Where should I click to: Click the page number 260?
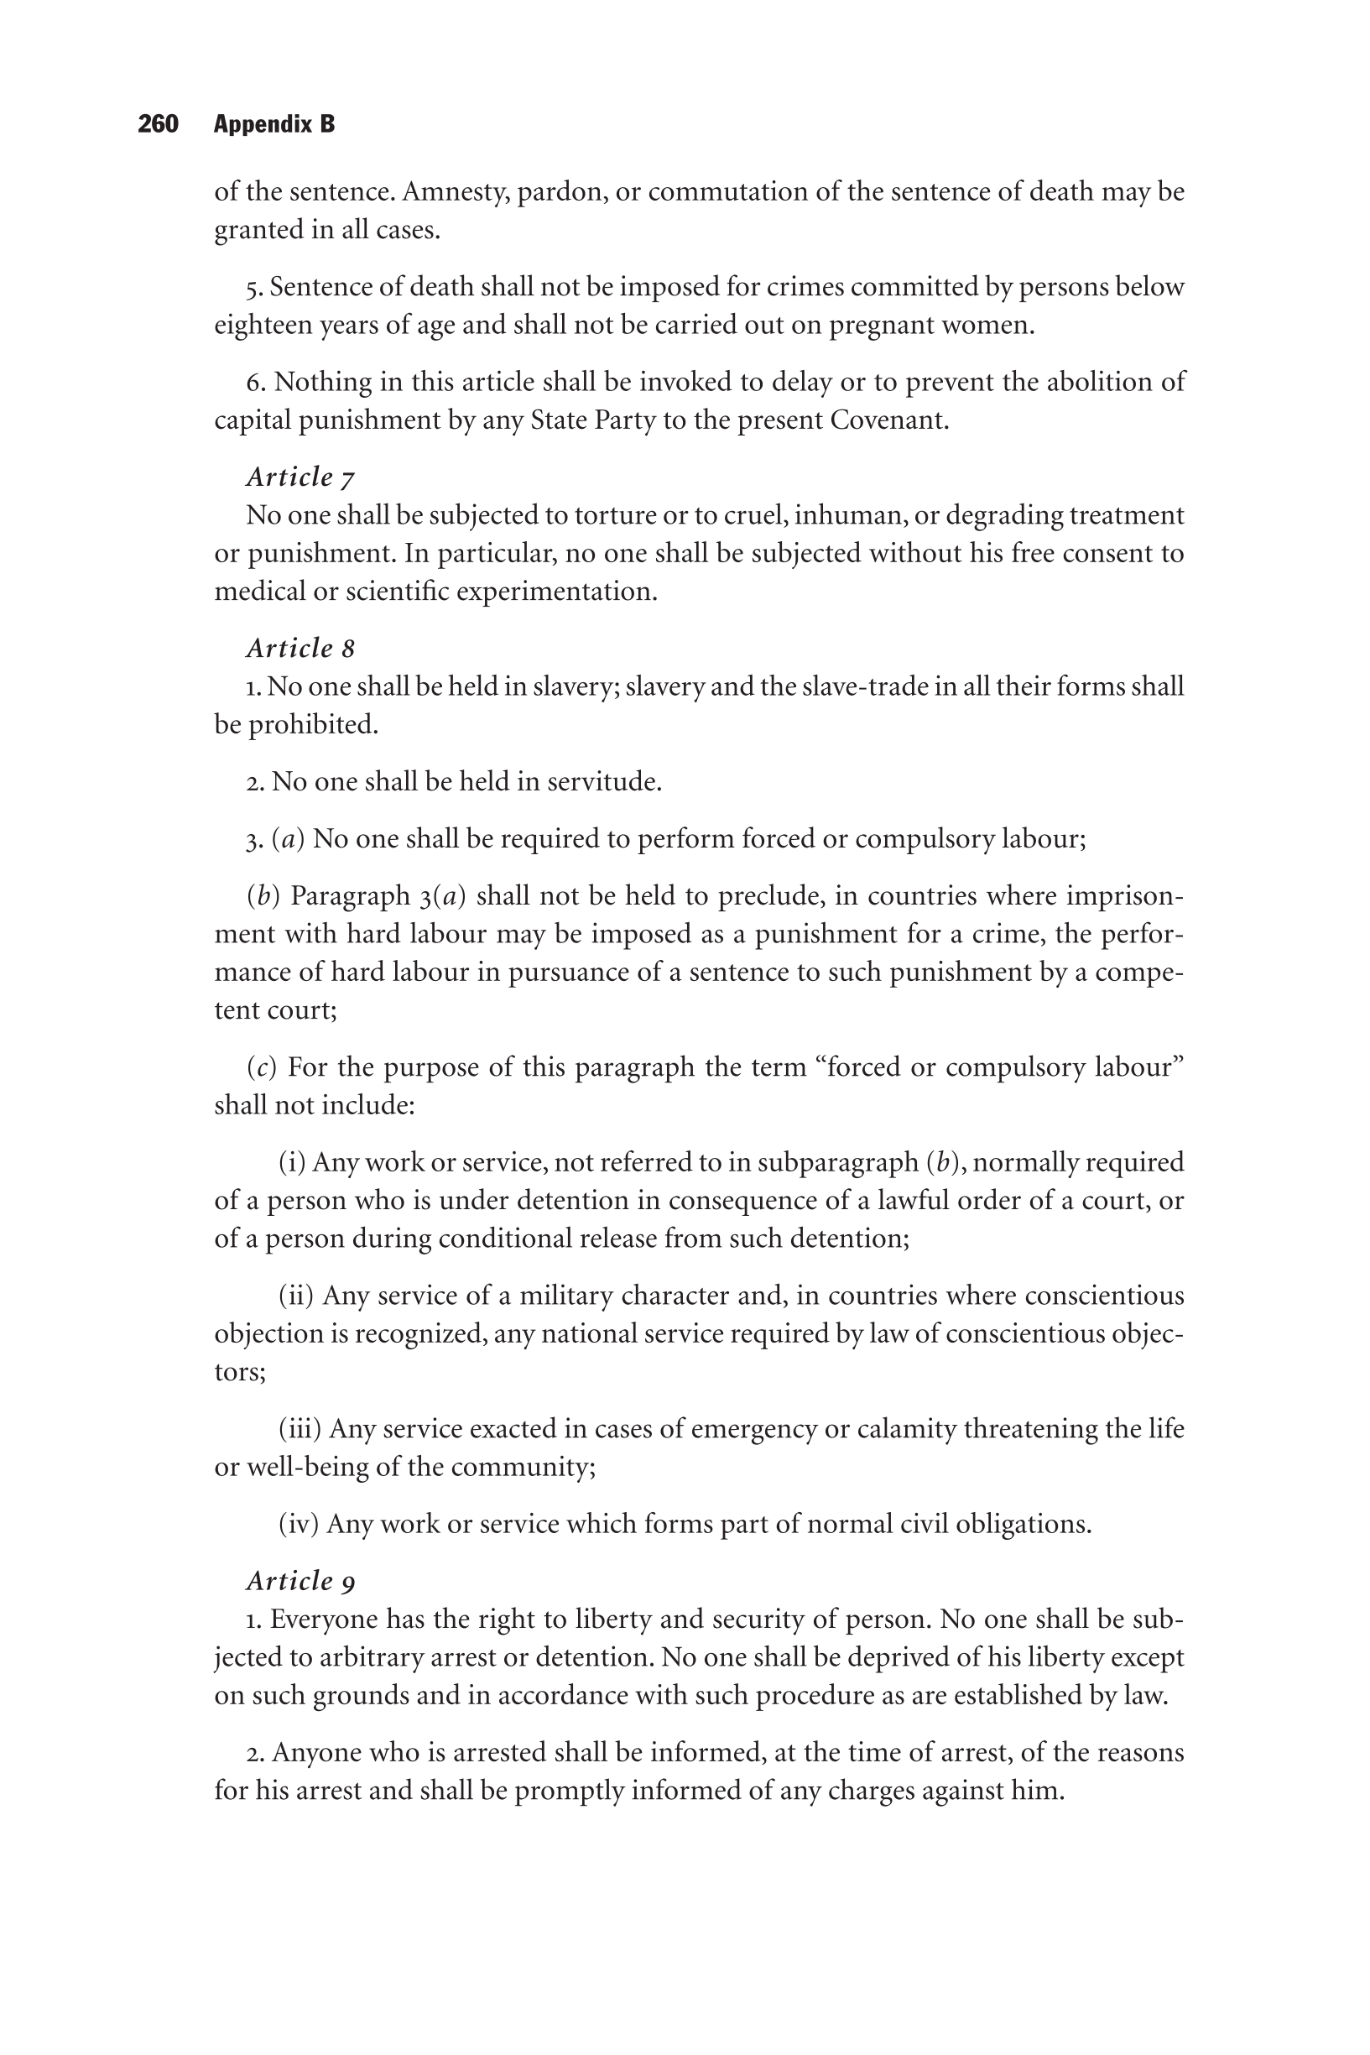[x=159, y=124]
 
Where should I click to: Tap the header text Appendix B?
[x=274, y=124]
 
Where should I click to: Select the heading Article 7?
[x=300, y=477]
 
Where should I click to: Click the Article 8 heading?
[x=300, y=649]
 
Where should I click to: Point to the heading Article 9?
[x=300, y=1581]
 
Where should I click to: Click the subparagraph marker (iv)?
[x=299, y=1524]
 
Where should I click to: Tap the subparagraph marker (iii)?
[x=300, y=1428]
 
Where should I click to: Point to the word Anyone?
[x=316, y=1753]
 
